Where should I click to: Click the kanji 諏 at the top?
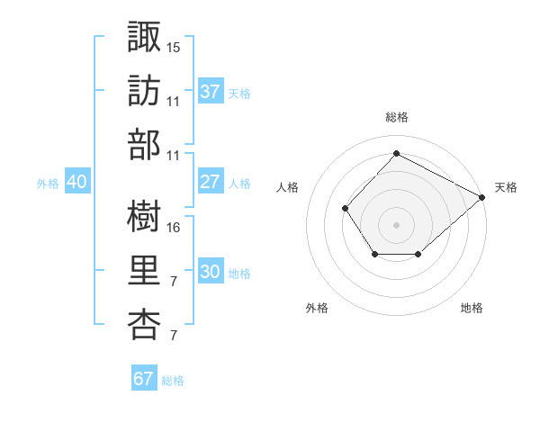click(x=144, y=36)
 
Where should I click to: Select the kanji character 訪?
click(x=144, y=91)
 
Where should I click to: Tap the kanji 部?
click(x=144, y=145)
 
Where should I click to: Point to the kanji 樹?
click(x=144, y=216)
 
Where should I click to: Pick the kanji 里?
click(x=144, y=270)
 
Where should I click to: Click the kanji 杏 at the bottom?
click(x=144, y=325)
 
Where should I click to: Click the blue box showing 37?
click(x=211, y=90)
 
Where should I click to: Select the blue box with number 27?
click(x=211, y=181)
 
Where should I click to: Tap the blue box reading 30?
click(x=211, y=270)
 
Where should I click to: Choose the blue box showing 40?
click(x=77, y=181)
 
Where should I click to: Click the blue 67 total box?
click(x=144, y=377)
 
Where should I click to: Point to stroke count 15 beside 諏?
click(x=173, y=48)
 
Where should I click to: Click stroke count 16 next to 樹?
click(x=173, y=228)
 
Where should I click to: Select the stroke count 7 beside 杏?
click(x=174, y=335)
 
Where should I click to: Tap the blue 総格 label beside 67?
click(x=173, y=381)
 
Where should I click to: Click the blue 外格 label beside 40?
click(x=48, y=184)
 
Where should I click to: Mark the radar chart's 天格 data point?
click(x=481, y=197)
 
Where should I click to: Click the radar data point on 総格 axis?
click(x=396, y=153)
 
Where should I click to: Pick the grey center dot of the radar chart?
click(x=396, y=225)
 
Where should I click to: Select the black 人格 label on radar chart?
click(x=287, y=187)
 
